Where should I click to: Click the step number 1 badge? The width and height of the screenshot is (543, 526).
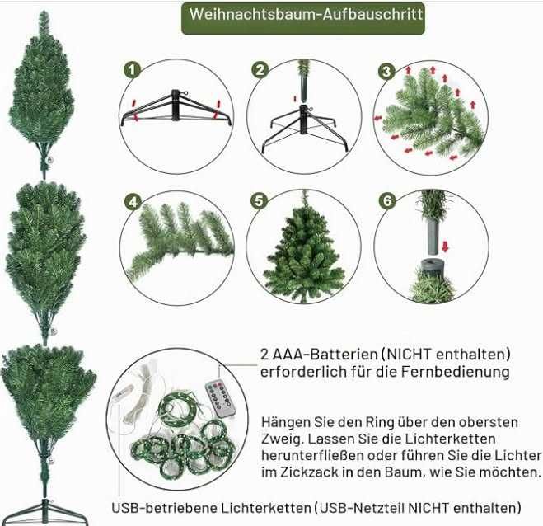[x=132, y=70]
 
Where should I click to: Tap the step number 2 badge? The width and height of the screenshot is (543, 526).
[x=260, y=70]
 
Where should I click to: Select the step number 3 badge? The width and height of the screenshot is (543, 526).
[x=386, y=72]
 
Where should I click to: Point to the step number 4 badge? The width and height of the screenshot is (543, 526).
[x=133, y=202]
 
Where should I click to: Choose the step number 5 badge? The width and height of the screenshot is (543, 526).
[x=259, y=201]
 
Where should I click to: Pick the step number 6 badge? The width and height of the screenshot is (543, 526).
[x=386, y=200]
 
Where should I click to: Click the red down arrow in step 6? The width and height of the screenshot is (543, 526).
[x=445, y=247]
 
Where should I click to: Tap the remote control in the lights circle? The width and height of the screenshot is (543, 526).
[x=221, y=398]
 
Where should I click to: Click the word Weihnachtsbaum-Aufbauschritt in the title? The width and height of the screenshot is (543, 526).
[x=307, y=14]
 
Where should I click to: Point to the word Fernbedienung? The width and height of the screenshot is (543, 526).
[x=456, y=372]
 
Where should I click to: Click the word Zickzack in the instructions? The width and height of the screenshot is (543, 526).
[x=304, y=472]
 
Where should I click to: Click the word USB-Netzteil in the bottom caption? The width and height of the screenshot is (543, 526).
[x=362, y=508]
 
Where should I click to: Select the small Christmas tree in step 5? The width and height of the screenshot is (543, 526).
[x=304, y=248]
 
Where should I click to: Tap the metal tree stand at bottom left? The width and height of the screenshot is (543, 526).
[x=44, y=513]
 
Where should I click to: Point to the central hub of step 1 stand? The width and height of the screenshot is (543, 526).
[x=176, y=105]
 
